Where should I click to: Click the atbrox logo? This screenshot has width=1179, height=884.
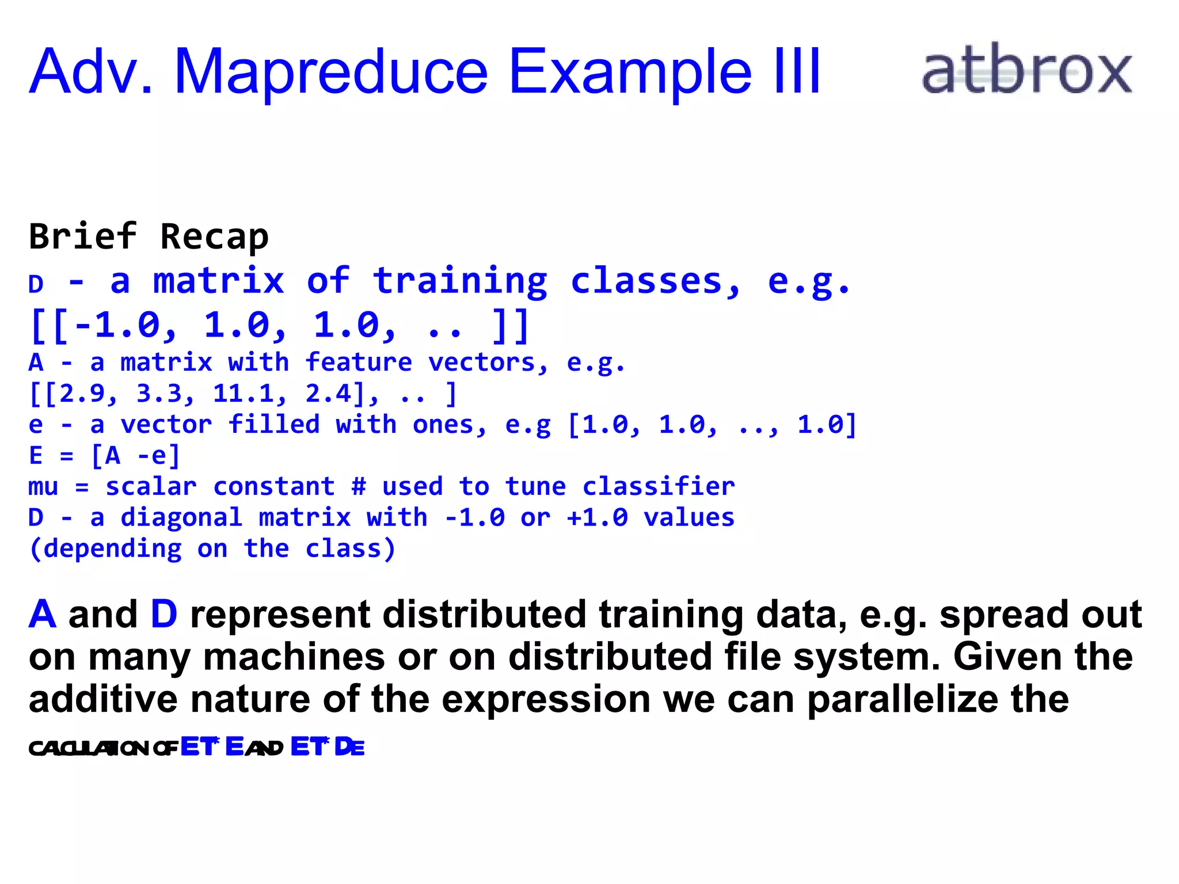(x=1027, y=70)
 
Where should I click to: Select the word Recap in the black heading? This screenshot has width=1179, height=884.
(x=214, y=237)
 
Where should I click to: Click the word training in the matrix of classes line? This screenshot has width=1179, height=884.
(x=460, y=281)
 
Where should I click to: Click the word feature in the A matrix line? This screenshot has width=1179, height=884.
(x=359, y=363)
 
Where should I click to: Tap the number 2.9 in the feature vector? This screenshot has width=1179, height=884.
(x=82, y=394)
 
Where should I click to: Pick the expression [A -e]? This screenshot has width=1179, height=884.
(x=136, y=456)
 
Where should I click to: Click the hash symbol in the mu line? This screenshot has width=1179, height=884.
(x=359, y=487)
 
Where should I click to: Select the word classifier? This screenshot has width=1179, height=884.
(x=659, y=487)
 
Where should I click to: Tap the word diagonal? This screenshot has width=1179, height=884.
(x=181, y=518)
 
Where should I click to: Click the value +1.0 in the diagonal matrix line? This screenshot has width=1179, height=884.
(x=597, y=518)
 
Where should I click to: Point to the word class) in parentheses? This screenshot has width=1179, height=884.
(x=350, y=549)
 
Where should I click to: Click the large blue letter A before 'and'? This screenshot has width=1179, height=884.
(x=43, y=615)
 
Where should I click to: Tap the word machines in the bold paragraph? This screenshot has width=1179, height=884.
(x=294, y=657)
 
